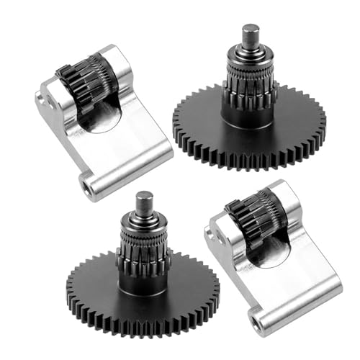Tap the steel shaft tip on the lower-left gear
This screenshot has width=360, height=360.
pos(145,201)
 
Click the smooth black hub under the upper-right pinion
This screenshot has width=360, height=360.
pos(248,115)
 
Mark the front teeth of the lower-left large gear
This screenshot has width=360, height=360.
pos(140,324)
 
